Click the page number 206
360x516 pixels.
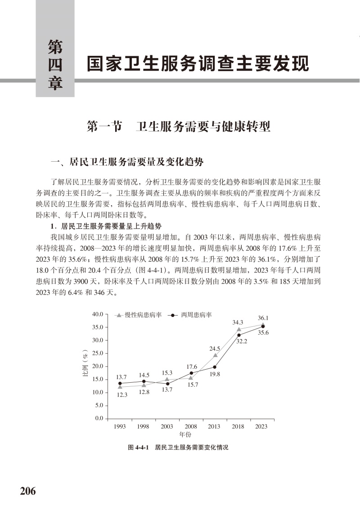click(x=27, y=491)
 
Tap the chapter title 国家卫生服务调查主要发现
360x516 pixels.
click(x=198, y=63)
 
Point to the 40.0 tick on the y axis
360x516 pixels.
click(x=98, y=314)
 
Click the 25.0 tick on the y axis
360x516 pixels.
click(x=98, y=353)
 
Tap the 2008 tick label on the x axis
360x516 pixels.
click(x=191, y=426)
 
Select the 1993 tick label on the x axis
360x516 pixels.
click(x=120, y=426)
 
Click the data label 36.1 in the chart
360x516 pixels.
click(x=263, y=318)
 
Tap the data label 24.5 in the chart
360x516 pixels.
click(x=215, y=349)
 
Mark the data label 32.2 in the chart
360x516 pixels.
click(x=242, y=341)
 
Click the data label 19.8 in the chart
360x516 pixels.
click(x=215, y=374)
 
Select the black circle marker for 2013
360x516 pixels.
click(x=215, y=367)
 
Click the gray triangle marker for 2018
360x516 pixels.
click(x=239, y=329)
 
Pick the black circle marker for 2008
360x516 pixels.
click(x=191, y=373)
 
